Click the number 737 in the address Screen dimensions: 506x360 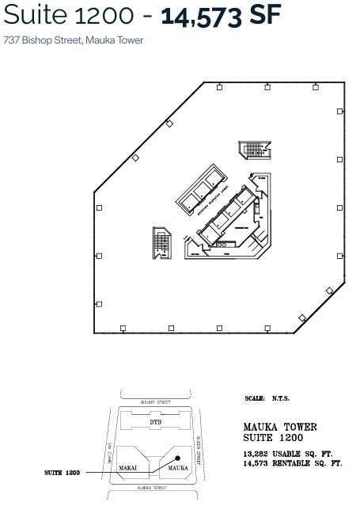coord(12,40)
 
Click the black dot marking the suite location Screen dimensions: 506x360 coord(180,458)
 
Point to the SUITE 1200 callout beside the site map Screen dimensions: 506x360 coord(62,472)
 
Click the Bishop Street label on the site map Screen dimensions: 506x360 coord(156,402)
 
